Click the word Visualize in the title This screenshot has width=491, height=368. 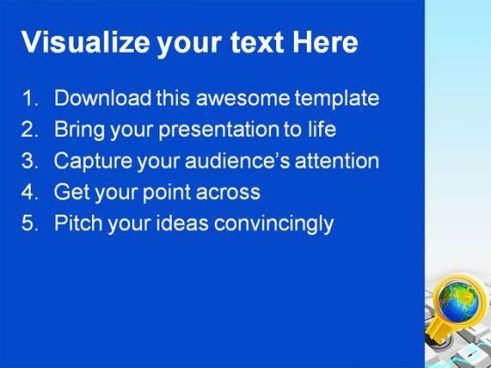pyautogui.click(x=86, y=42)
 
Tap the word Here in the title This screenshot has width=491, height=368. pyautogui.click(x=325, y=42)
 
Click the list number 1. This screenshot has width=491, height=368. pyautogui.click(x=30, y=98)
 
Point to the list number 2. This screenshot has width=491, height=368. pyautogui.click(x=30, y=129)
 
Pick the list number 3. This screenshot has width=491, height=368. pyautogui.click(x=30, y=160)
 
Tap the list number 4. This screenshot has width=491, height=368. pyautogui.click(x=30, y=192)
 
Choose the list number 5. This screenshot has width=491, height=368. pyautogui.click(x=30, y=223)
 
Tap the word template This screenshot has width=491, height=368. pyautogui.click(x=337, y=100)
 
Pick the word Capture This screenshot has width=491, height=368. pyautogui.click(x=93, y=161)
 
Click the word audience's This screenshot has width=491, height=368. pyautogui.click(x=238, y=160)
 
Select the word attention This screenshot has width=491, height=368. pyautogui.click(x=337, y=161)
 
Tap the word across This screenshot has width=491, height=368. pyautogui.click(x=228, y=193)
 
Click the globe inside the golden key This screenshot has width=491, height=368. pyautogui.click(x=459, y=301)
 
